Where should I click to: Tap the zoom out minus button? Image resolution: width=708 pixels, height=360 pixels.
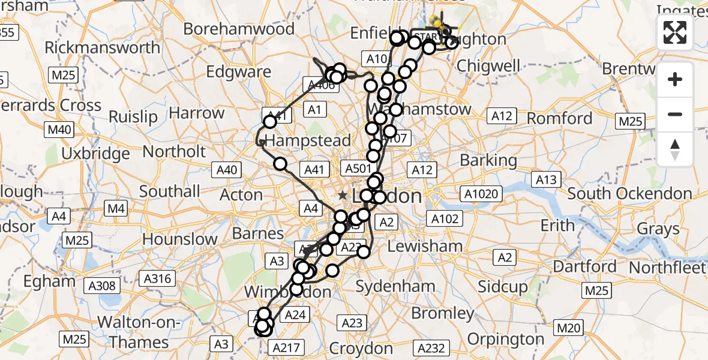(x=675, y=114)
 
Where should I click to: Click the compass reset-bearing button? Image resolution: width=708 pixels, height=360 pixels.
(x=675, y=149)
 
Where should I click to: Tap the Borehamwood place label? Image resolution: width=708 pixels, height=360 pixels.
(x=239, y=29)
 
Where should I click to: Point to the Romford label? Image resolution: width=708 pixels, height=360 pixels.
(x=560, y=118)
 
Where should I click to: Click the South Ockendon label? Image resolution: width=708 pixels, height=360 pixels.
(x=629, y=194)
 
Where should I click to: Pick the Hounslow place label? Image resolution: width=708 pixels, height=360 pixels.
(x=180, y=239)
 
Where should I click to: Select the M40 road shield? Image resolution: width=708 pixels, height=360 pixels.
(x=59, y=130)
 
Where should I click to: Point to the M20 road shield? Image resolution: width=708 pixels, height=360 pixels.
(x=569, y=328)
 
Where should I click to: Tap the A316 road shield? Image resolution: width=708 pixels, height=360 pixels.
(x=157, y=278)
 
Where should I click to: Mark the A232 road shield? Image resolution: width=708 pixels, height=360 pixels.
(x=431, y=348)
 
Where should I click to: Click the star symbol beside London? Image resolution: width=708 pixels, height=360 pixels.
(x=343, y=196)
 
